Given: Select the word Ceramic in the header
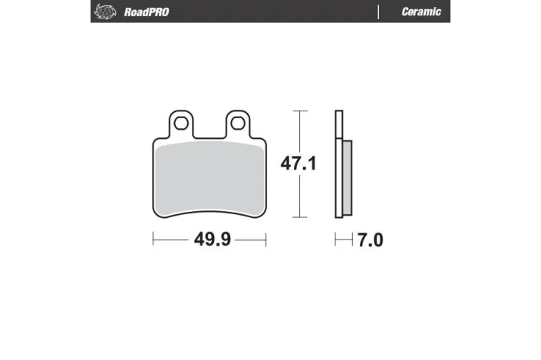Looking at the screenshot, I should pos(421,12).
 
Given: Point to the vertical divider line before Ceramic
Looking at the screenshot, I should pos(378,12).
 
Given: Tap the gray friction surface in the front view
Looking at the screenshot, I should pos(209,180).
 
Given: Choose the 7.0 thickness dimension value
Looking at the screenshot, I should pos(369,241).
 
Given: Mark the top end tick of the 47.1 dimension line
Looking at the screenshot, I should pos(299,111).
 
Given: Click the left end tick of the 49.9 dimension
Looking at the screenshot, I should pos(153,241).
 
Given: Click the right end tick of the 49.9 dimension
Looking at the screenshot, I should pos(266,241).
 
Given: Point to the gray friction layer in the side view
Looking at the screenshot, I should pos(346,178).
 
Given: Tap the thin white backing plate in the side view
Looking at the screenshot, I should pos(338,165).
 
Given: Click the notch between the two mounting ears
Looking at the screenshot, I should pos(209,132).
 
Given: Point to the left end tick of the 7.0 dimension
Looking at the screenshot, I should pos(335,241).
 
